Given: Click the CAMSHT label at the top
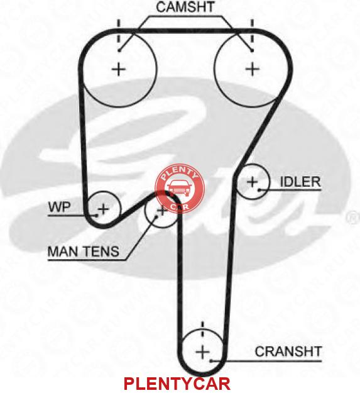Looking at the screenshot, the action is point(185,7).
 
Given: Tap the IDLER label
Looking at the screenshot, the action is point(300,182).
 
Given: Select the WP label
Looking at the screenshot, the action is point(60,208).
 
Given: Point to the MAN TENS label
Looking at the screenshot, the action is point(84,252).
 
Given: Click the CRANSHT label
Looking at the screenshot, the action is point(288,351).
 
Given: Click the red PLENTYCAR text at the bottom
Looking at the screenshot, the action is point(177,384).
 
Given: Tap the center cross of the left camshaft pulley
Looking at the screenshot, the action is point(118,69).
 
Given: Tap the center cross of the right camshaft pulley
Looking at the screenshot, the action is point(252,69).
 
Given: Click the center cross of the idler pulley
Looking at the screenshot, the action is point(252,182).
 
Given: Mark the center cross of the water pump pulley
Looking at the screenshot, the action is point(103,209).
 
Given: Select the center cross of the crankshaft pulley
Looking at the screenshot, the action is point(202,352).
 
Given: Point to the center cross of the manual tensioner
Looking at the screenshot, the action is point(162,211).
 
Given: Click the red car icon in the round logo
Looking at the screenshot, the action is point(180,187).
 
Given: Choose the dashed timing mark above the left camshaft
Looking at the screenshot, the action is point(118,32).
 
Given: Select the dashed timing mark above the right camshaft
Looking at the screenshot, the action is point(252,32).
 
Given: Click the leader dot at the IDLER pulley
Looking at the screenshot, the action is point(259,190).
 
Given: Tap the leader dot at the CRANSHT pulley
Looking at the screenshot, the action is point(211,361).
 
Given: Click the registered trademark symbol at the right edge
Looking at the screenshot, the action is point(354,218).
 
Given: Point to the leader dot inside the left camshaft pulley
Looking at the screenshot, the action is point(119,50).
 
